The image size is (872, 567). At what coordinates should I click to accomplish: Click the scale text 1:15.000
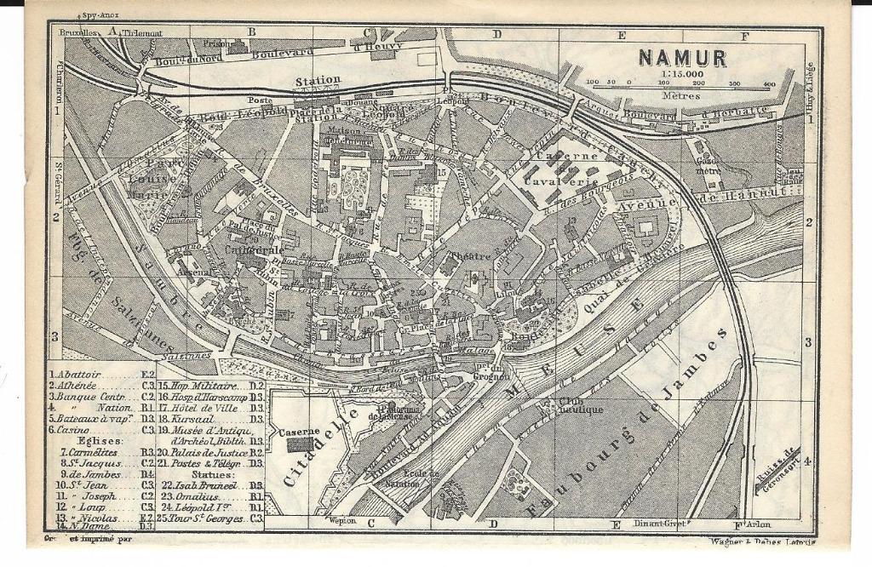(x=680, y=74)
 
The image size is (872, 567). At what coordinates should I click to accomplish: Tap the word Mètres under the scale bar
(x=678, y=96)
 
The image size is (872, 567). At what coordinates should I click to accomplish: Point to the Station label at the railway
(x=318, y=81)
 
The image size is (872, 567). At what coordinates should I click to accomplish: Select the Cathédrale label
(x=254, y=250)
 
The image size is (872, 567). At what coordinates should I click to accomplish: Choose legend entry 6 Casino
(x=76, y=430)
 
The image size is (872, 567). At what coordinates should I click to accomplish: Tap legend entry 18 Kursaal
(x=188, y=419)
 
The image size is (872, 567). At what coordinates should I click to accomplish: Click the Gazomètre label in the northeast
(x=708, y=164)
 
